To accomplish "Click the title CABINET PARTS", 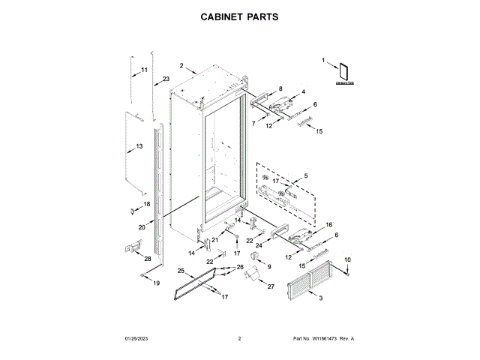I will [x=239, y=16].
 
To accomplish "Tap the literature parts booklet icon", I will [x=345, y=71].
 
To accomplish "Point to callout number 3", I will [x=322, y=299].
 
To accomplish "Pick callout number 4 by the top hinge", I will [x=304, y=91].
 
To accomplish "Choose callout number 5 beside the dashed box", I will [x=305, y=175].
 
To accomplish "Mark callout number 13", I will [x=139, y=145].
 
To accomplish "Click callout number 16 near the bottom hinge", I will [x=328, y=224].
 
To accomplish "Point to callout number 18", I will [x=146, y=204].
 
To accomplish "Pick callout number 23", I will [x=166, y=79].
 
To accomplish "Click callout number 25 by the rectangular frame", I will [x=181, y=270].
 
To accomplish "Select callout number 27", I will [x=271, y=286].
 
